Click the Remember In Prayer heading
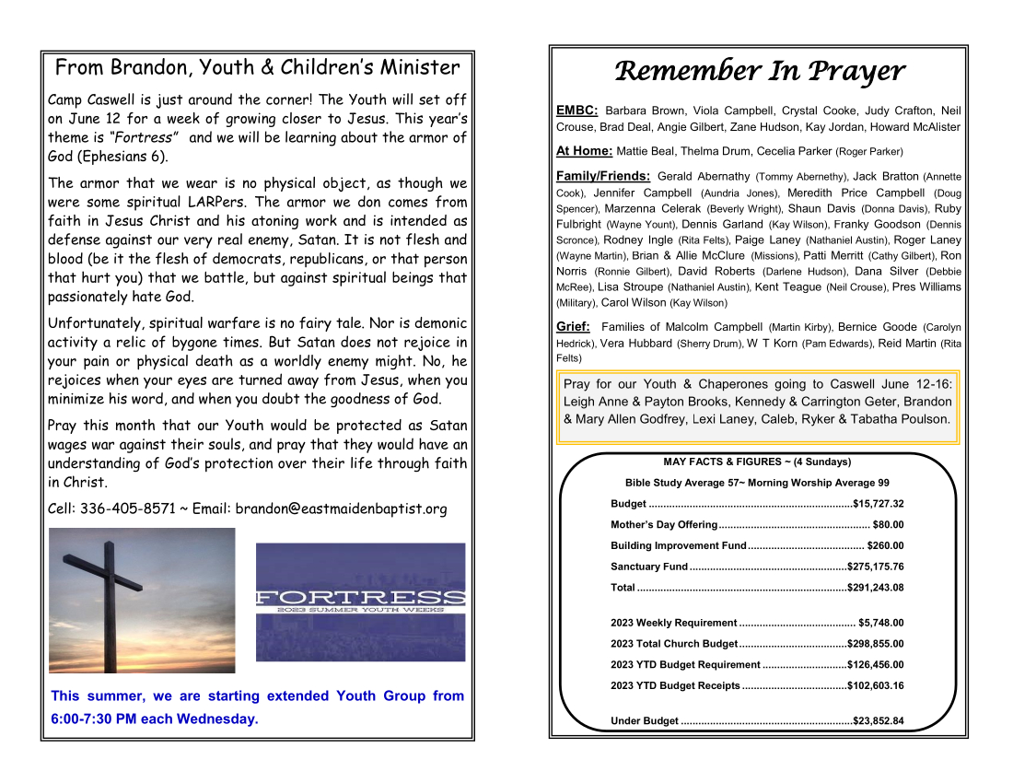pyautogui.click(x=759, y=71)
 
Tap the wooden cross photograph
pyautogui.click(x=141, y=600)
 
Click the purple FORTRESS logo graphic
pyautogui.click(x=360, y=601)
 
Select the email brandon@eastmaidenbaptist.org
pyautogui.click(x=341, y=508)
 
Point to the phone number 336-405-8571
pyautogui.click(x=128, y=508)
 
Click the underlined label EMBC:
pyautogui.click(x=577, y=111)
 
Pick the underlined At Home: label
pyautogui.click(x=585, y=151)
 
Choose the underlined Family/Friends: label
pyautogui.click(x=603, y=176)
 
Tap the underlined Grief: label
pyautogui.click(x=573, y=326)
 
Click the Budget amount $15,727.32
pyautogui.click(x=879, y=504)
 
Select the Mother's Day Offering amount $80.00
pyautogui.click(x=888, y=525)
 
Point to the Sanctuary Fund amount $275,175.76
pyautogui.click(x=875, y=567)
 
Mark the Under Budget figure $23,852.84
pyautogui.click(x=879, y=721)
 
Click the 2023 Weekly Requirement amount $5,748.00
pyautogui.click(x=881, y=623)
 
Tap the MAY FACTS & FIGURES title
pyautogui.click(x=757, y=462)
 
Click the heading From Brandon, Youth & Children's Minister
pyautogui.click(x=257, y=67)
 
